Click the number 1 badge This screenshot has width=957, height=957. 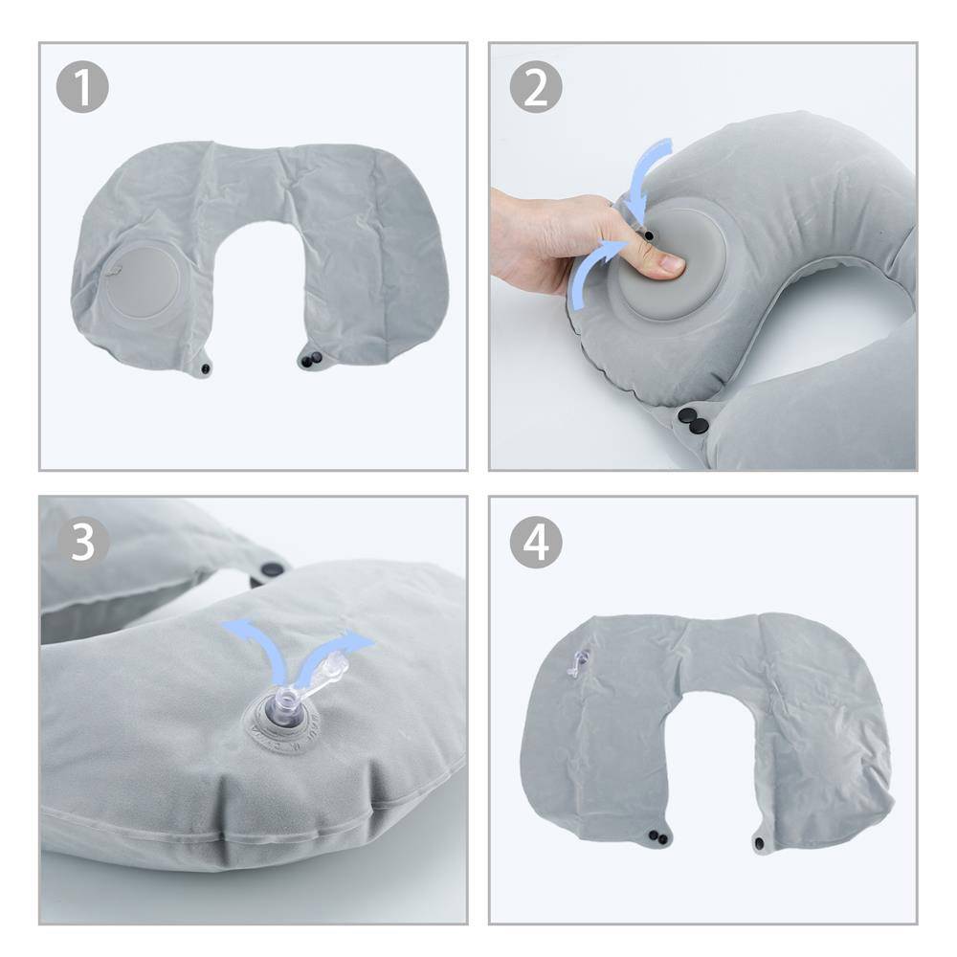(x=82, y=88)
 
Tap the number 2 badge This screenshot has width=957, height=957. (x=535, y=88)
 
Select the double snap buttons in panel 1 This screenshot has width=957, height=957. (x=311, y=360)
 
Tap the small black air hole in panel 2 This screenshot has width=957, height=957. (x=650, y=234)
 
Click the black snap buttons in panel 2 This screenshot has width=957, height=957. (x=692, y=418)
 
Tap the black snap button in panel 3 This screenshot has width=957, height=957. (x=269, y=570)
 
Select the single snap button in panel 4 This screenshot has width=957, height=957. (x=760, y=843)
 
